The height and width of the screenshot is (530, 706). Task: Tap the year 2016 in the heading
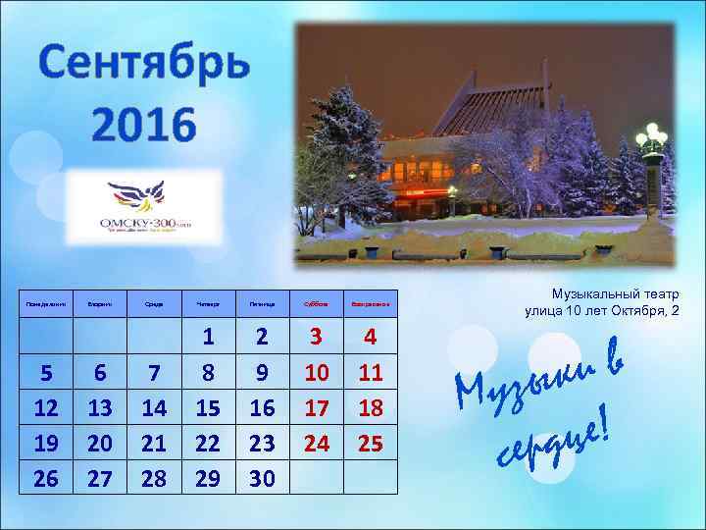point(143,125)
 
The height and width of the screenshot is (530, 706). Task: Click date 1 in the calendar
point(208,337)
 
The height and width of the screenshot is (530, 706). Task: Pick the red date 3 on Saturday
point(316,337)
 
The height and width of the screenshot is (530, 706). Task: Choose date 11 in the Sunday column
point(370,373)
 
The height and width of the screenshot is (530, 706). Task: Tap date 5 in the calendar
point(45,373)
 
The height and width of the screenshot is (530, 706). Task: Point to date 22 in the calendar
point(208,444)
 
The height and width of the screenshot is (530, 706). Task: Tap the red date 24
point(316,444)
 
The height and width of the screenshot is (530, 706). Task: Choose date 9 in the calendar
point(262,373)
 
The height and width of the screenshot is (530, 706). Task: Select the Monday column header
point(45,304)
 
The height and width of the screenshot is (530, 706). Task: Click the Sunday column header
point(370,304)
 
